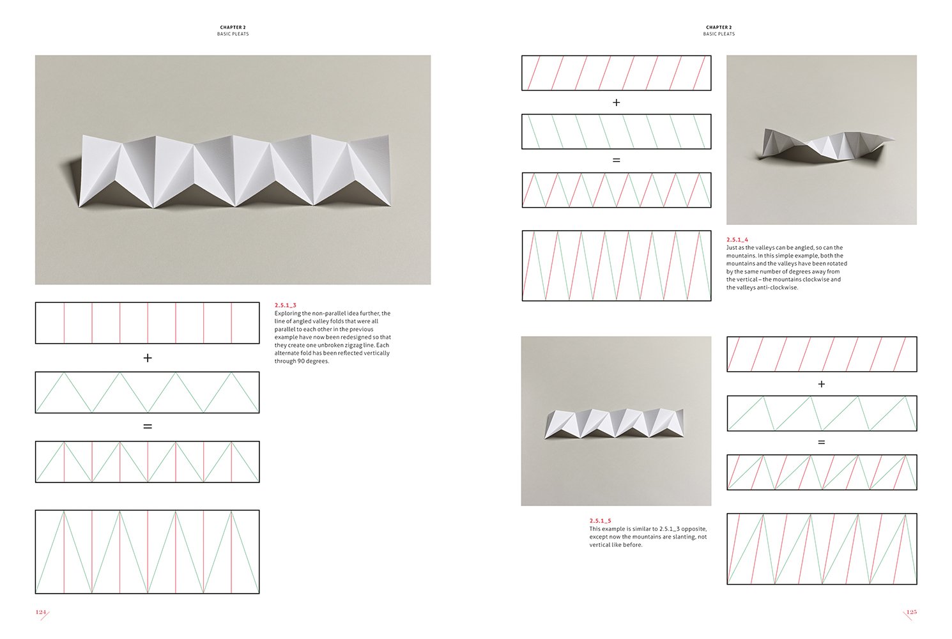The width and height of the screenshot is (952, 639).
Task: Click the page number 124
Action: [41, 612]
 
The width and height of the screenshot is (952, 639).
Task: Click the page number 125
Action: [911, 612]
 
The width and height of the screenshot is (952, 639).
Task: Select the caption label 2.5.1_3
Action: [286, 305]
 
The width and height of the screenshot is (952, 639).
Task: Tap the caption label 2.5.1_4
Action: [737, 240]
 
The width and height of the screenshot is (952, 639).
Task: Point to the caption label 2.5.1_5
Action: [600, 521]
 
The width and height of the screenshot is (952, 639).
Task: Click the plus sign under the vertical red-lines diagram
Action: [148, 358]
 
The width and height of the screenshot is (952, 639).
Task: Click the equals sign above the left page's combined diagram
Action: [148, 426]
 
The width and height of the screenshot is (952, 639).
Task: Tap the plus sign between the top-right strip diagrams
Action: [616, 102]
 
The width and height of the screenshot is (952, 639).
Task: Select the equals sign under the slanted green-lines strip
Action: [616, 160]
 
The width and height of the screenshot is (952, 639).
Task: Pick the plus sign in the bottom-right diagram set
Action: [822, 384]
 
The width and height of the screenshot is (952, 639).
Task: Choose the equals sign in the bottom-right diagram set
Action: [822, 442]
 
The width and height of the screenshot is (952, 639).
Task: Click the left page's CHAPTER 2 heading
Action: [233, 27]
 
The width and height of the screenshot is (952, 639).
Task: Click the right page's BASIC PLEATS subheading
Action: [719, 34]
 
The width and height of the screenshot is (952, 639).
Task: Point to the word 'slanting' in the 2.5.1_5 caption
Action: [680, 537]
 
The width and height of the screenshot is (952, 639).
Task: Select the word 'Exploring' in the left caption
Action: [287, 313]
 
